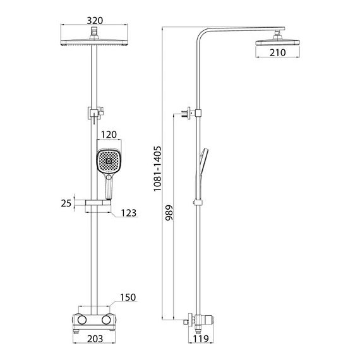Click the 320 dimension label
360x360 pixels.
point(95,21)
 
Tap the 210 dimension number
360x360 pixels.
point(277,52)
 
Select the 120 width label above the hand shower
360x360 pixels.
point(109,135)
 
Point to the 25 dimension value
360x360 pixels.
point(66,203)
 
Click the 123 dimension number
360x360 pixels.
point(129,213)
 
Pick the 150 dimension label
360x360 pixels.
point(128,297)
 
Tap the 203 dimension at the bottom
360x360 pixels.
point(95,339)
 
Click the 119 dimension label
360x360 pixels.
point(201,339)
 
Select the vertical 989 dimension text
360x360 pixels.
point(169,213)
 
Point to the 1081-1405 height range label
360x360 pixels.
point(158,169)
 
